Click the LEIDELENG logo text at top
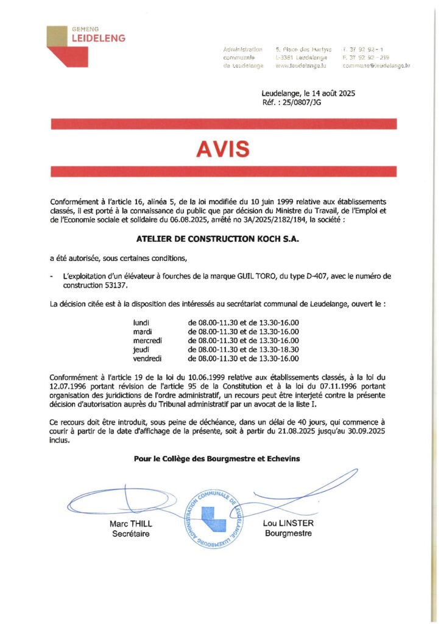point(98,38)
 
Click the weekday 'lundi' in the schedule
point(141,322)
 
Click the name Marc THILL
point(131,524)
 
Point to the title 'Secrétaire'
point(131,534)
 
